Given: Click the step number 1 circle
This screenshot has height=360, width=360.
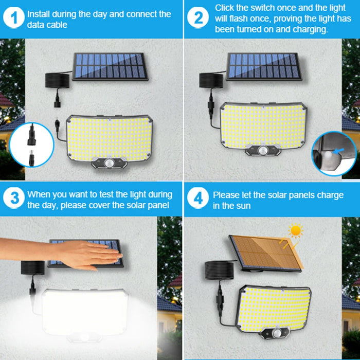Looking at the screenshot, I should click(x=14, y=19).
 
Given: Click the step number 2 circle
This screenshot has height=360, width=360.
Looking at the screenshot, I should click(x=197, y=19).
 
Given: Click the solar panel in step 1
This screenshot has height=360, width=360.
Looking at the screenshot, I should click(x=111, y=66).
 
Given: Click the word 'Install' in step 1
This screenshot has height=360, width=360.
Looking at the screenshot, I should click(x=39, y=14).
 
